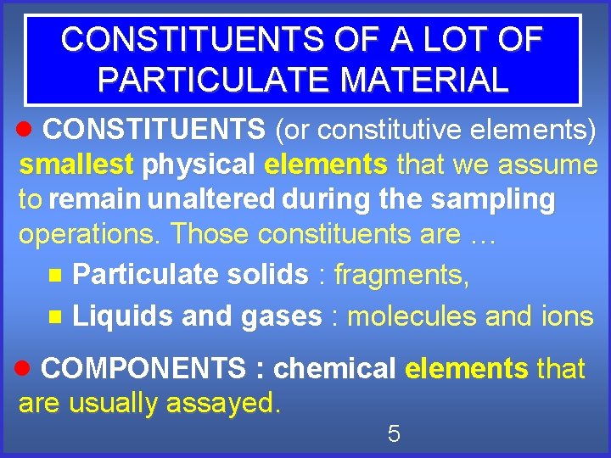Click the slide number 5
393,434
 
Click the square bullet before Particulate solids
55,275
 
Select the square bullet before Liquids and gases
55,316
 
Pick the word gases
282,317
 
